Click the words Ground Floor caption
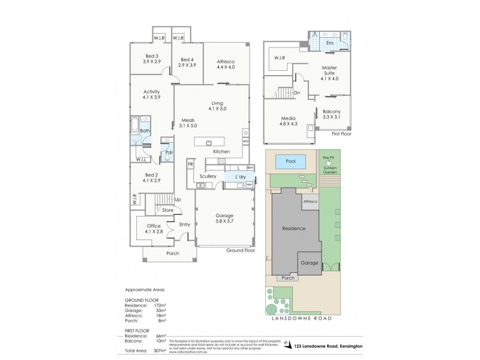click(x=241, y=250)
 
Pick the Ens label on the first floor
click(x=329, y=43)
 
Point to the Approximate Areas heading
click(x=144, y=289)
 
